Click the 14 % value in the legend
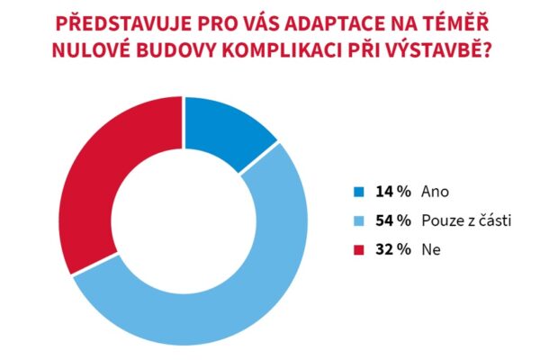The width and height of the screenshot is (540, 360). coord(391,192)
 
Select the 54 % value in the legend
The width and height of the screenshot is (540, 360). coord(391,219)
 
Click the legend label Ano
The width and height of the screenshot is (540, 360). coord(434,192)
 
